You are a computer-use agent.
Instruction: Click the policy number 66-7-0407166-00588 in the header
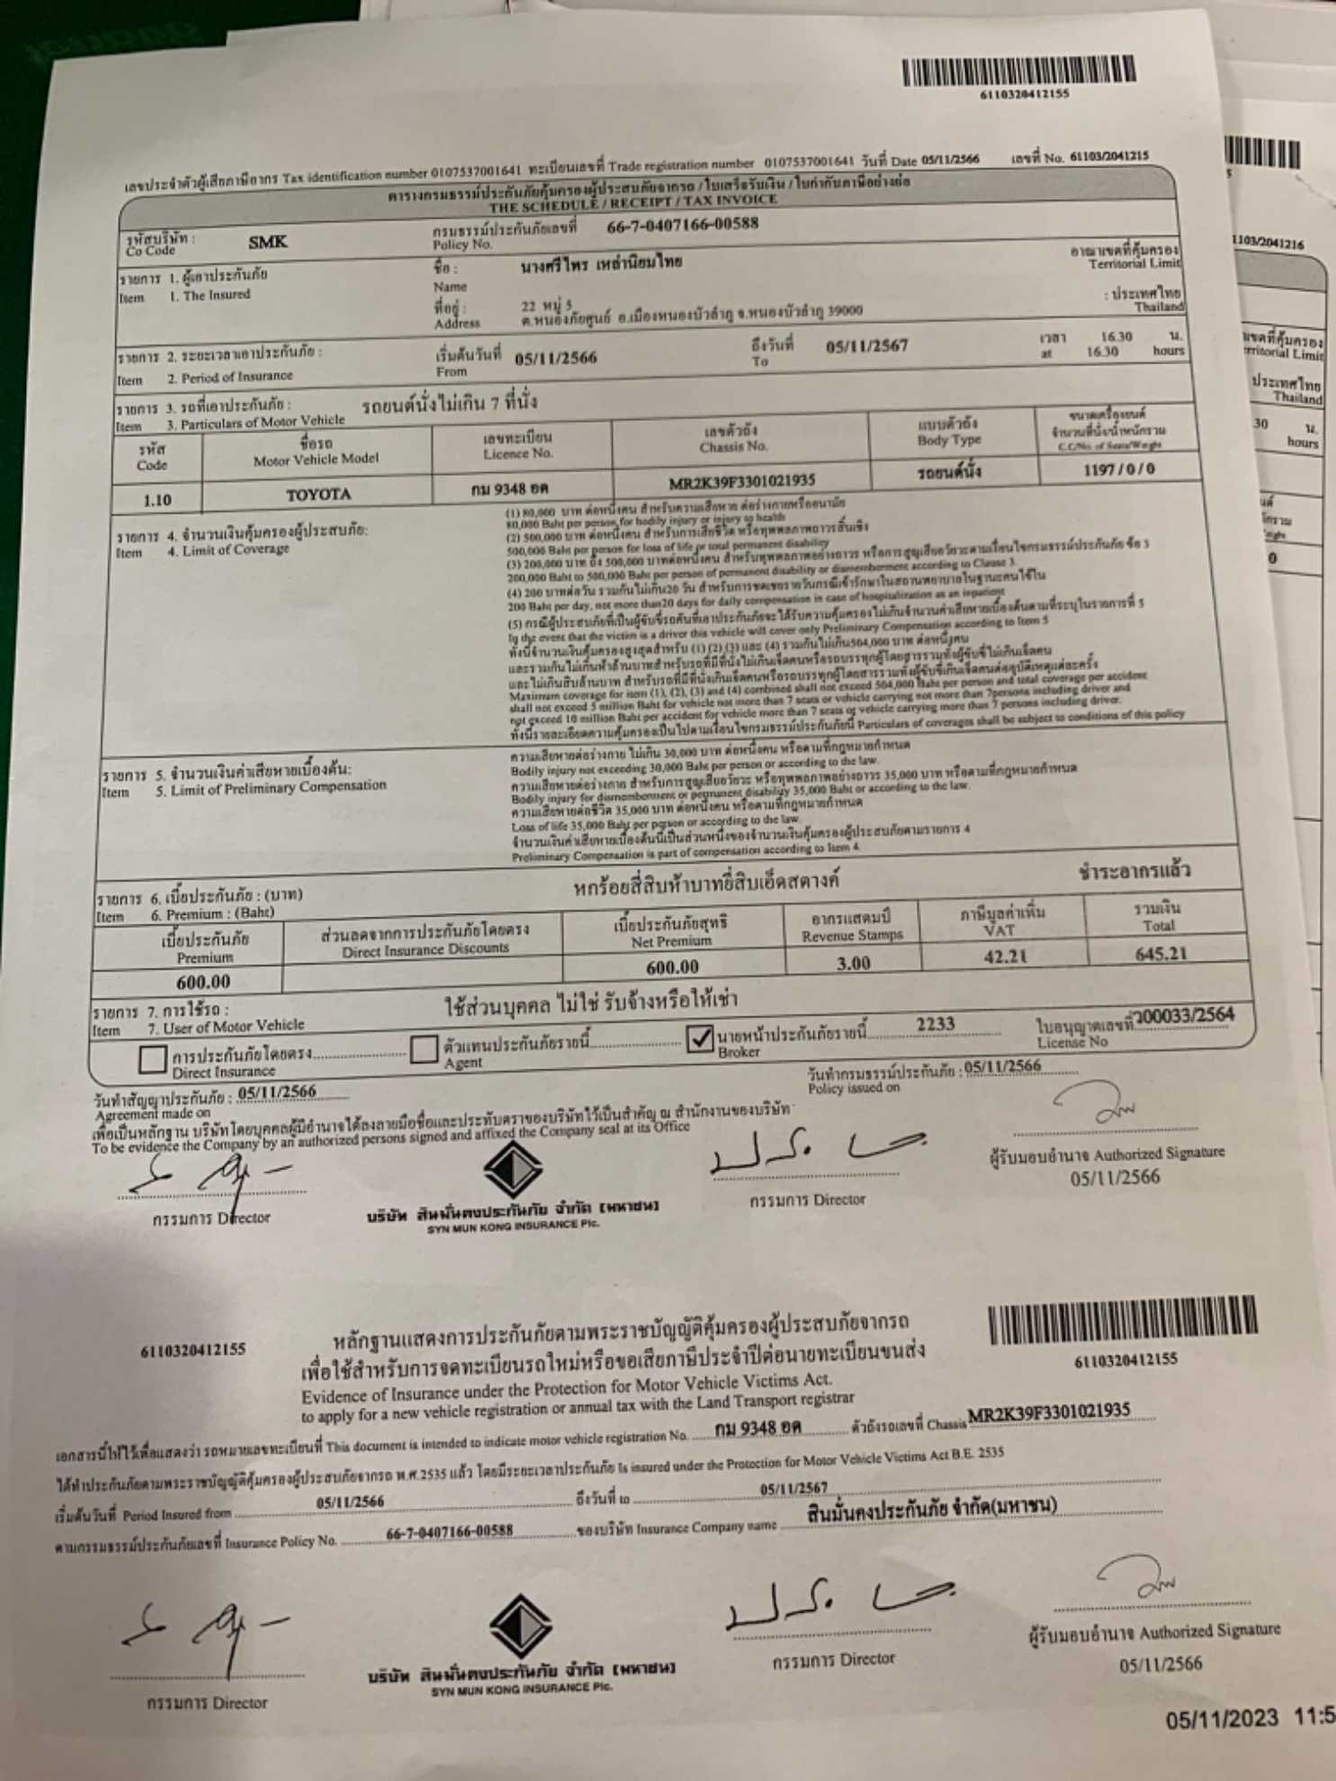[x=682, y=224]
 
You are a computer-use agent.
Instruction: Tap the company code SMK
[x=267, y=242]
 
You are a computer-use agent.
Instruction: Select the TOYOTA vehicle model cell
[x=318, y=494]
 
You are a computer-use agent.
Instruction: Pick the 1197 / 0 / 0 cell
[x=1118, y=469]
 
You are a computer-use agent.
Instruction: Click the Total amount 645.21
[x=1161, y=953]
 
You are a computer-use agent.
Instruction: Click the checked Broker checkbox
[x=699, y=1039]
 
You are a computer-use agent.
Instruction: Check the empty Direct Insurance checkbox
[x=152, y=1059]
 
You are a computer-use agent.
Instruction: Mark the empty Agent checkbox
[x=423, y=1049]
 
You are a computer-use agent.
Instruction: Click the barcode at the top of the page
[x=1018, y=71]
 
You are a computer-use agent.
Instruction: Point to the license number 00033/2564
[x=1186, y=1016]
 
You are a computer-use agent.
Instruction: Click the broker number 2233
[x=935, y=1025]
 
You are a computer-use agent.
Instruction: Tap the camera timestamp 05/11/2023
[x=1222, y=1719]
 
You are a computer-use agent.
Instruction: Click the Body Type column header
[x=948, y=431]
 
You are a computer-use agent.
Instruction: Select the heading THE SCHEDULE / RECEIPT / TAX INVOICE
[x=632, y=203]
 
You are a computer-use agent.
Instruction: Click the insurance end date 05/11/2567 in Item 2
[x=866, y=346]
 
